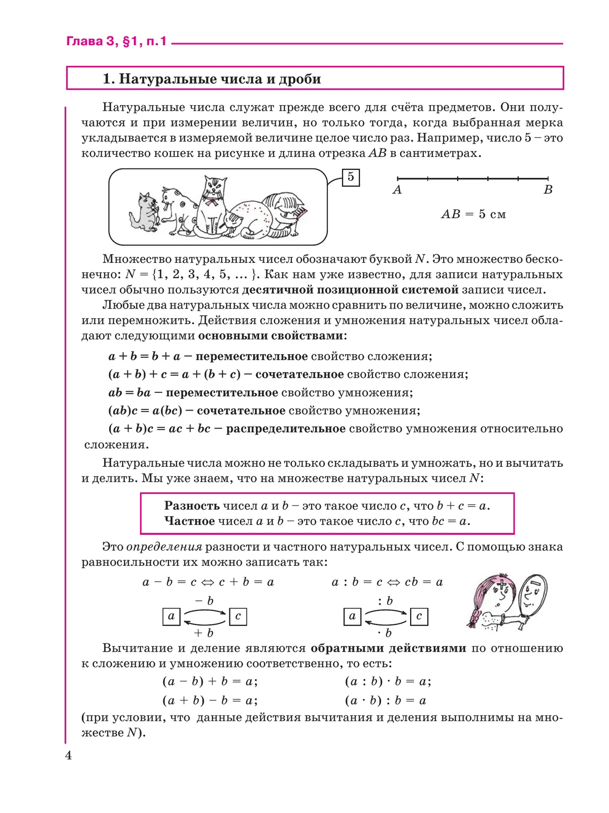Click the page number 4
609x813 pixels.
tap(69, 756)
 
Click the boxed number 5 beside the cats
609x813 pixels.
tap(351, 178)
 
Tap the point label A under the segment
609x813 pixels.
tap(397, 190)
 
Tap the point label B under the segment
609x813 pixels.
tap(548, 190)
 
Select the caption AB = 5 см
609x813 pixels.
tap(473, 214)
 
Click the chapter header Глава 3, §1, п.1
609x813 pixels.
tap(116, 42)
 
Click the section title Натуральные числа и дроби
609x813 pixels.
tap(212, 79)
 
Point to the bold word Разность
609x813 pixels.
tap(192, 506)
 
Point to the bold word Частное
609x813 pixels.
tap(189, 521)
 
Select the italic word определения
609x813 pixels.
tap(164, 547)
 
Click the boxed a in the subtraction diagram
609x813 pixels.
tap(171, 617)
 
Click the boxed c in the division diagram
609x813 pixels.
tap(419, 617)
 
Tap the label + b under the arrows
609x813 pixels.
tap(204, 633)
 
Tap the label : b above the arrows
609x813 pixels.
tap(385, 601)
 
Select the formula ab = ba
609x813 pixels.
tap(129, 393)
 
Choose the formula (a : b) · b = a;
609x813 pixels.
tap(388, 682)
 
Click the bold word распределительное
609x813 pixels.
tap(286, 429)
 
